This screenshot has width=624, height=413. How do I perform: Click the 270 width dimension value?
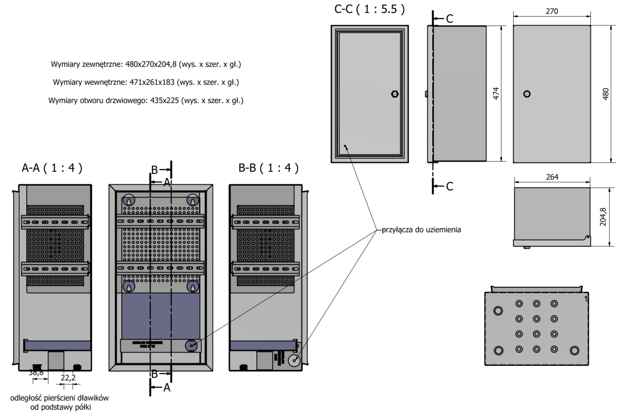click(551, 11)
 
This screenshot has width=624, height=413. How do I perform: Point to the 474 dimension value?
click(496, 94)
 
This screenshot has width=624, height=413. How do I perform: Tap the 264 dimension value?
click(552, 177)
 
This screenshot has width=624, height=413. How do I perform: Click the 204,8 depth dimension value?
click(603, 216)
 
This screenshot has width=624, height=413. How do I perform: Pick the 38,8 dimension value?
click(36, 373)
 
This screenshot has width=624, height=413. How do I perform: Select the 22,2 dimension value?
click(68, 378)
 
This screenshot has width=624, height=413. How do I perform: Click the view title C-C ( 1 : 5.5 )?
click(369, 9)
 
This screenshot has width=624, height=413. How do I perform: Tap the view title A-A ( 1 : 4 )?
click(52, 168)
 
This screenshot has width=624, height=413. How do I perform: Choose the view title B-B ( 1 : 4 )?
click(268, 168)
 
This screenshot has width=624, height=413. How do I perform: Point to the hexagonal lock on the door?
click(395, 94)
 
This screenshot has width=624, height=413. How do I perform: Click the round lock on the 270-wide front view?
click(527, 94)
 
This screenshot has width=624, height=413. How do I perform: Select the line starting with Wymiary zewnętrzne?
click(149, 64)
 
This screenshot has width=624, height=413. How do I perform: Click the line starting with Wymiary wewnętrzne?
click(146, 82)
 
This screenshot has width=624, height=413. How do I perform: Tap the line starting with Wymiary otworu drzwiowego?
click(146, 101)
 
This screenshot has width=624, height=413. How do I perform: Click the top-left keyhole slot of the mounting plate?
click(128, 200)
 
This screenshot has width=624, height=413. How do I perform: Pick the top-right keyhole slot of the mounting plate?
click(192, 200)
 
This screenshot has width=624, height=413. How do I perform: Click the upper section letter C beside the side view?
click(449, 19)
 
